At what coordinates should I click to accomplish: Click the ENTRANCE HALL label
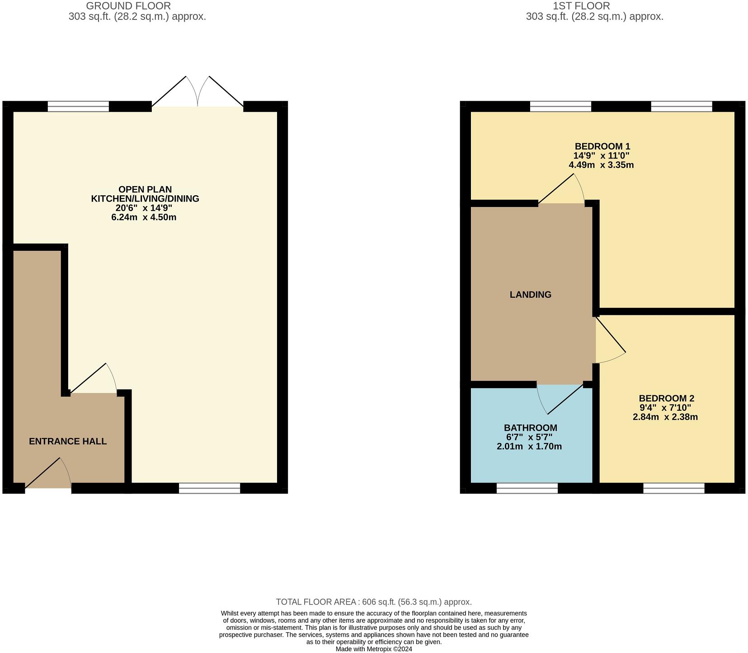(x=68, y=442)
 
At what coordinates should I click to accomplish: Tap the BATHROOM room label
(x=530, y=428)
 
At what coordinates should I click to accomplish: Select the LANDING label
(x=530, y=295)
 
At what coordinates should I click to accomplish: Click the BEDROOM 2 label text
(x=666, y=398)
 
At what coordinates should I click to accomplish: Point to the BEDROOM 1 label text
(x=602, y=146)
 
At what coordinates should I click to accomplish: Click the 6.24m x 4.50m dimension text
(x=143, y=217)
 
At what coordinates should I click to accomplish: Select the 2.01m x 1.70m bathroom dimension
(x=529, y=447)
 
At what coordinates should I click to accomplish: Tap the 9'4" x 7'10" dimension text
(x=665, y=408)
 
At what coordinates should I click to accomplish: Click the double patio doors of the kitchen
(x=198, y=93)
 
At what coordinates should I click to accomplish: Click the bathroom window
(x=527, y=488)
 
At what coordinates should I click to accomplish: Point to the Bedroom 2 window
(x=673, y=488)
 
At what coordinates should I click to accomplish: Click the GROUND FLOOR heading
(x=128, y=6)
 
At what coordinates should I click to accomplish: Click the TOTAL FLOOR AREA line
(x=374, y=602)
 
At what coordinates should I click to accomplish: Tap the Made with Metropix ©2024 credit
(x=374, y=649)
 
